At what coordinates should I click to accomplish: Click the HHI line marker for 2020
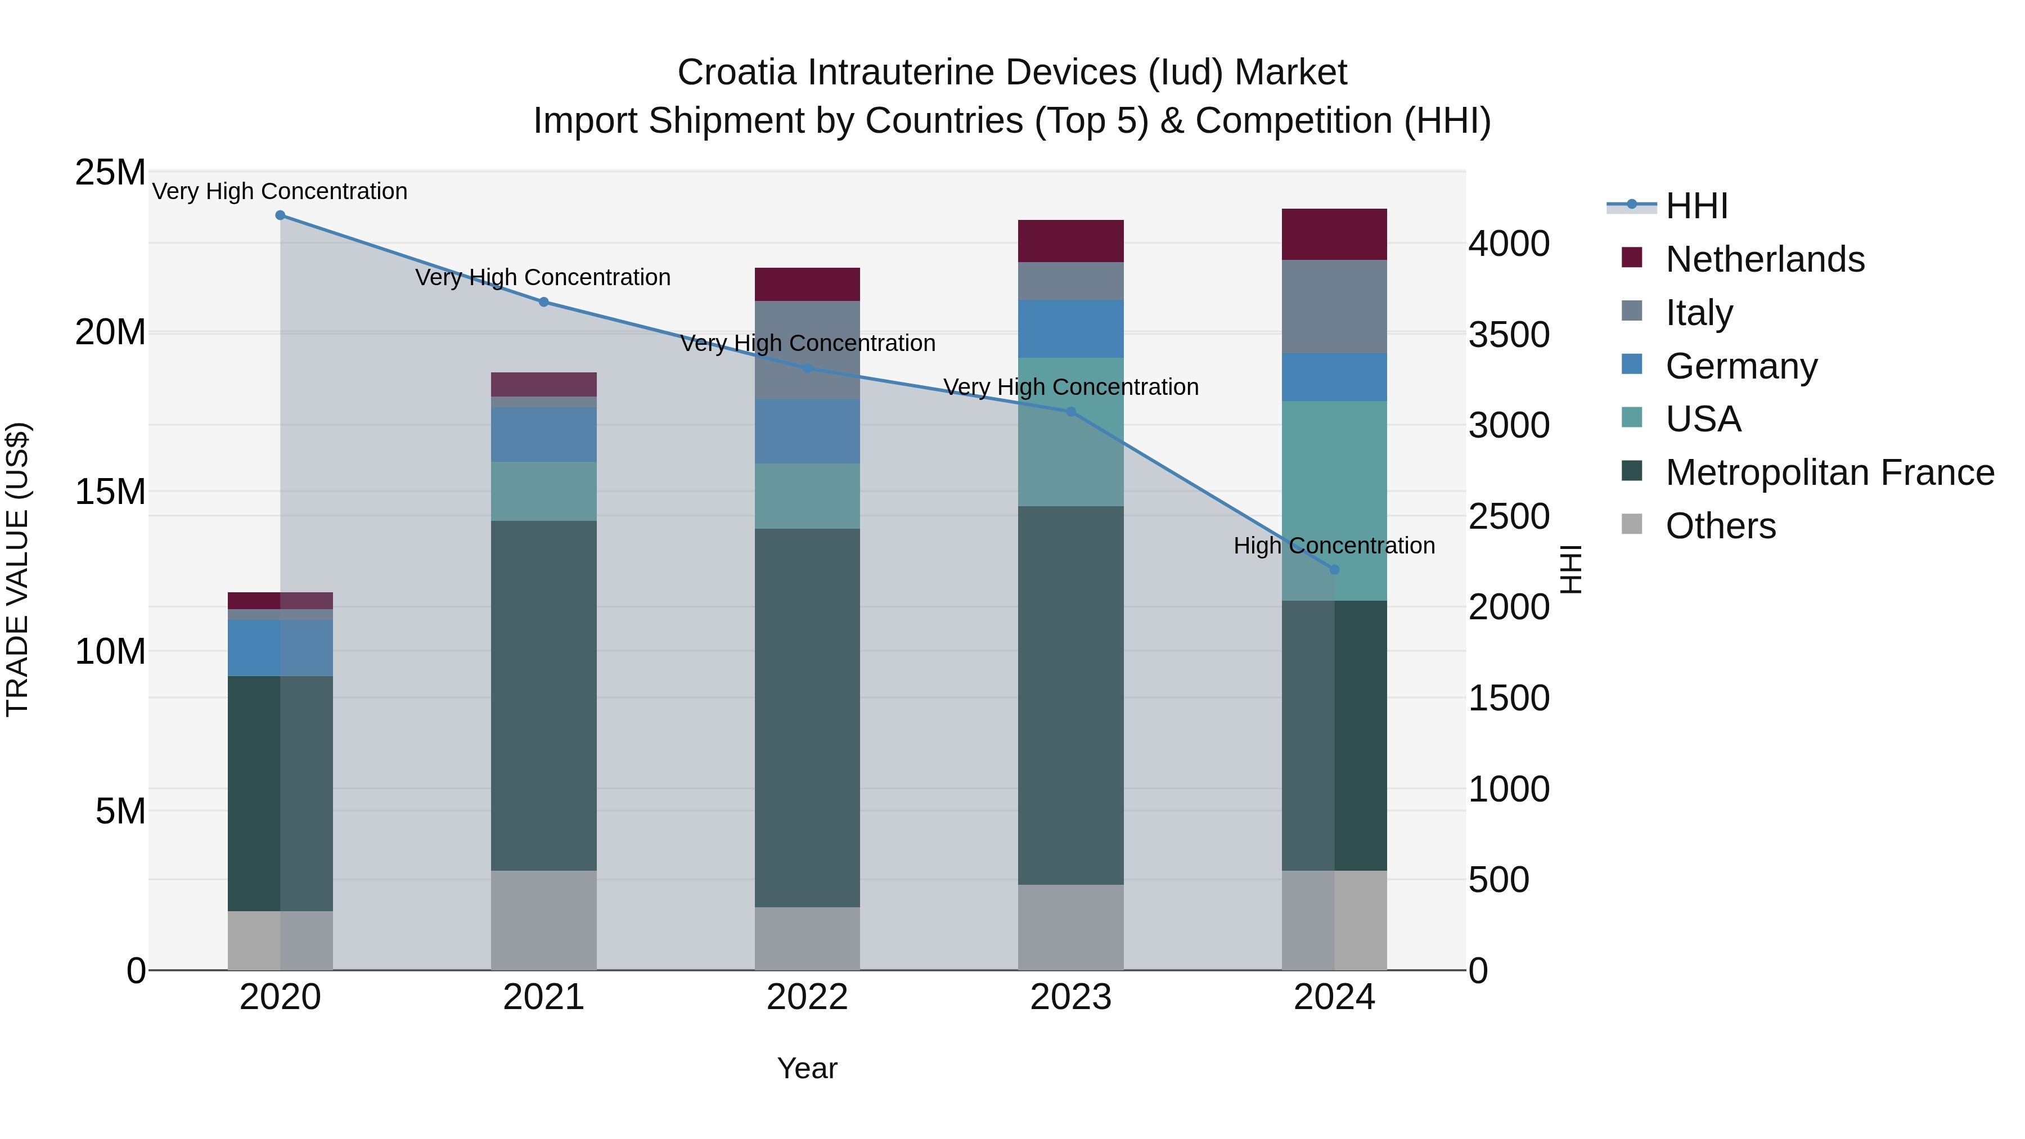pos(280,215)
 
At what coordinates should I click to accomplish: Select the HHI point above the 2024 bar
pos(1334,570)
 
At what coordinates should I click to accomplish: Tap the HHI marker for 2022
pos(807,368)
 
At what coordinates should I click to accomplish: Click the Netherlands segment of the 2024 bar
pos(1334,234)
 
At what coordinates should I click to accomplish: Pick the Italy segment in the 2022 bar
pos(807,350)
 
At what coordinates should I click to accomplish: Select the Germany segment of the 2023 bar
pos(1070,328)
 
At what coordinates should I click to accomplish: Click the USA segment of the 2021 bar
pos(543,491)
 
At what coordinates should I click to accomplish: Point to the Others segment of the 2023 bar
pos(1070,927)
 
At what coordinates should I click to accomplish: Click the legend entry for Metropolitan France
pos(1829,472)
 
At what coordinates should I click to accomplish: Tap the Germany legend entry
pos(1740,366)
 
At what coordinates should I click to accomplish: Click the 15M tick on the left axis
pos(110,492)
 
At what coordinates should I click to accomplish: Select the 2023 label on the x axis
pos(1070,997)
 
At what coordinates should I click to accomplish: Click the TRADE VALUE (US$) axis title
pos(17,569)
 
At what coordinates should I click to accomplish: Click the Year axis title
pos(807,1068)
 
